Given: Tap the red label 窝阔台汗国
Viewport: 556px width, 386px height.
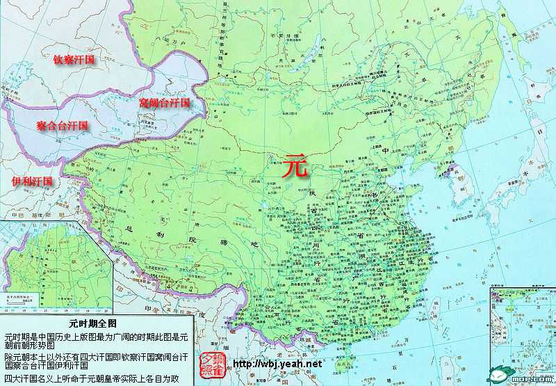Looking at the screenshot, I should (x=164, y=102).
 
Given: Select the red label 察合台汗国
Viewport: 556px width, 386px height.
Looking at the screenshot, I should (x=63, y=126).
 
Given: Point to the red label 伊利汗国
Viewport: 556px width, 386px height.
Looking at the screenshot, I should (x=32, y=181).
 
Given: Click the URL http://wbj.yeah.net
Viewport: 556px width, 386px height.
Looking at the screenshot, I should (x=278, y=364).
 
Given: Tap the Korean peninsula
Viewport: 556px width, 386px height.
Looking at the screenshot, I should (x=464, y=191).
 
